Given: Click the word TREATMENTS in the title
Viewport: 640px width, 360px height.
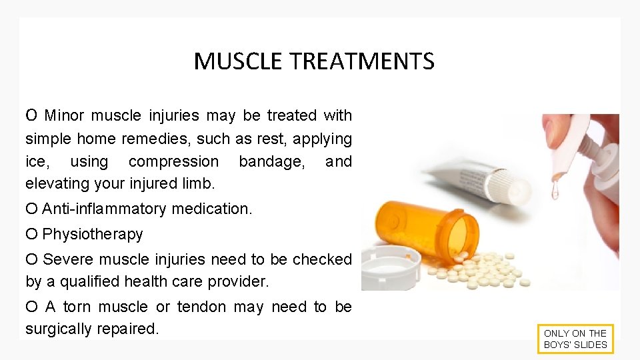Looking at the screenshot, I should (x=362, y=61).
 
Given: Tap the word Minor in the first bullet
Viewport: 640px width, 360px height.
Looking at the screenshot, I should (x=64, y=115).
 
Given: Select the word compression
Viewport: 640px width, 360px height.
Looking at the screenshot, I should (x=173, y=161).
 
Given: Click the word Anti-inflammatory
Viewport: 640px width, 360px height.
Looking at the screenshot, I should (x=104, y=209).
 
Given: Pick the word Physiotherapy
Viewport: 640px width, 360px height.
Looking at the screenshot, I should (x=93, y=234).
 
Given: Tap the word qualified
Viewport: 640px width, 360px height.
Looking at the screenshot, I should (x=92, y=281).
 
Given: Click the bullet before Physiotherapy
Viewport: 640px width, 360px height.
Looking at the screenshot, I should (x=31, y=234).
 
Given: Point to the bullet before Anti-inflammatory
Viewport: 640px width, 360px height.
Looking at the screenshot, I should (x=31, y=209).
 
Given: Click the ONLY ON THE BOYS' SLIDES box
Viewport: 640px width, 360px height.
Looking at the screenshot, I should (x=575, y=339).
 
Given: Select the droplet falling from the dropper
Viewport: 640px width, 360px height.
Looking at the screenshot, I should (x=555, y=191).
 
